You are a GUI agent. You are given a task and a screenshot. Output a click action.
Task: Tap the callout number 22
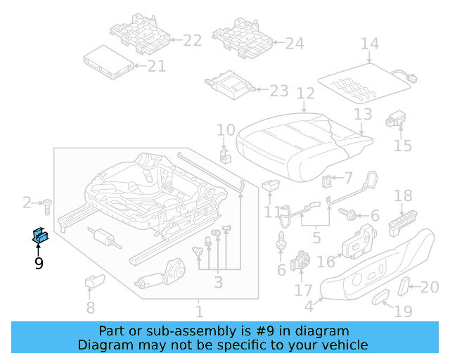[x=192, y=41]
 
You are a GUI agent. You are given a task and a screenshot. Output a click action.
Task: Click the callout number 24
[x=295, y=44]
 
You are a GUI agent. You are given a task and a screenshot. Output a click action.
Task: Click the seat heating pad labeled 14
[x=364, y=81]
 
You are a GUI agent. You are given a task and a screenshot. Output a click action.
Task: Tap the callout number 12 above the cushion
[x=305, y=94]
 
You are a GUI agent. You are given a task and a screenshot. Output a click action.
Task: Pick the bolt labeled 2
[x=46, y=206]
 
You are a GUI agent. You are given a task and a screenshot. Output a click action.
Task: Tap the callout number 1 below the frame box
[x=199, y=311]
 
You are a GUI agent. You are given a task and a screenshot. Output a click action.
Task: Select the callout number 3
[x=218, y=283]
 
